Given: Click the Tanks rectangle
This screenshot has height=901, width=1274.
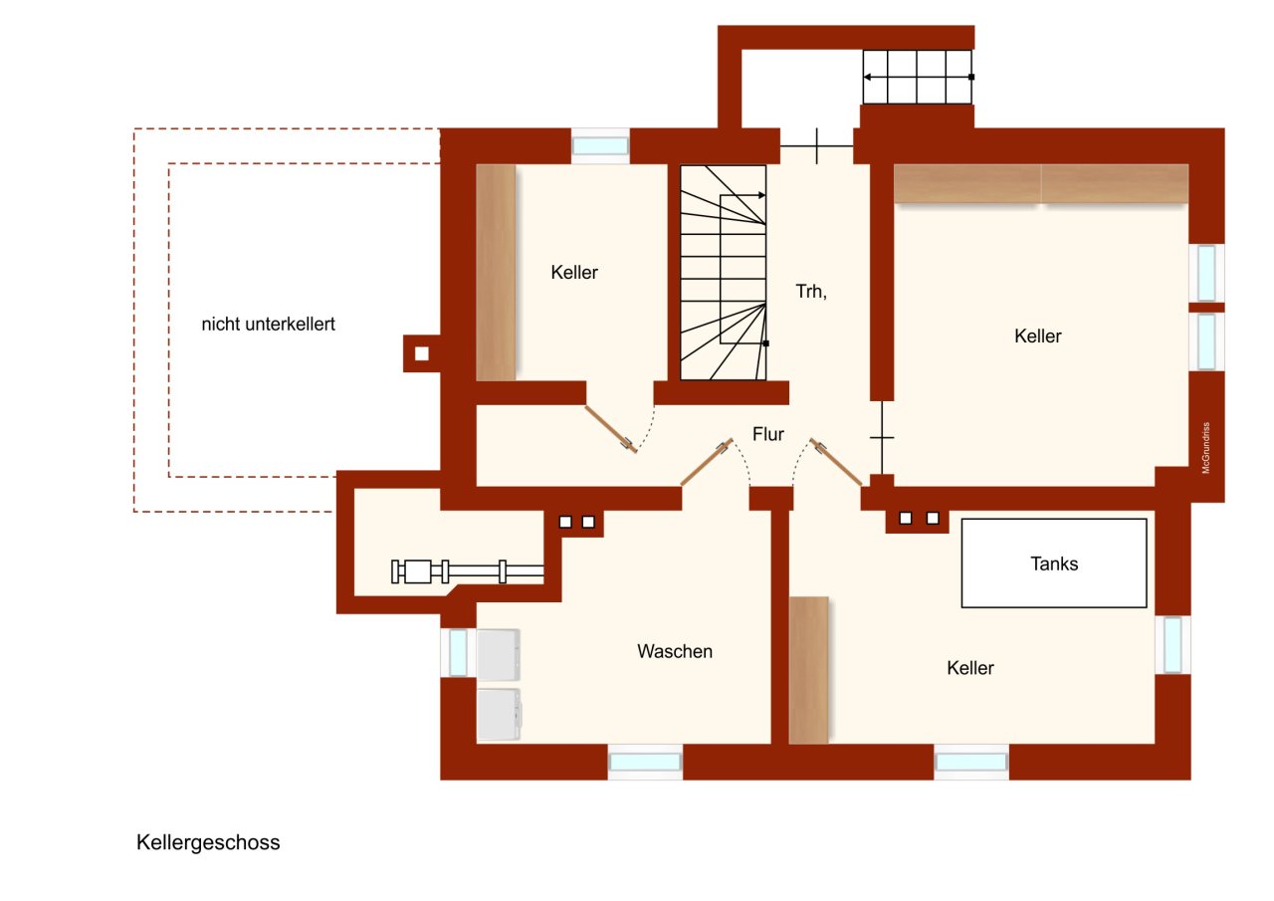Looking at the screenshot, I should click(x=1054, y=563).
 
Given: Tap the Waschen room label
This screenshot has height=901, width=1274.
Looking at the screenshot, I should click(x=675, y=651).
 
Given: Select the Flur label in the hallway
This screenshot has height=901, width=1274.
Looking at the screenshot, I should click(x=767, y=434).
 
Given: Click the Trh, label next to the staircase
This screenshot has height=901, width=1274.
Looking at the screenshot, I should click(x=811, y=292).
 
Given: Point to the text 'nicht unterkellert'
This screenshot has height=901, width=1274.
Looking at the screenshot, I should click(x=268, y=324).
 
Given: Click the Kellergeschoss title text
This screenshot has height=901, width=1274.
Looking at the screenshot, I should click(x=208, y=842).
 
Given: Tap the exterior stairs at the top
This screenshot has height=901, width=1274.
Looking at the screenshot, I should click(x=917, y=77).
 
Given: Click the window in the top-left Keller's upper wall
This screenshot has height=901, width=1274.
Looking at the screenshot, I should click(x=600, y=145).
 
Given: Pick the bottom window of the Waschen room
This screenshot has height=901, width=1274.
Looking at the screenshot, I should click(x=645, y=762).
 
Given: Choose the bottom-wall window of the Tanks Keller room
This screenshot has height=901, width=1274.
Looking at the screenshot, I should click(x=971, y=762).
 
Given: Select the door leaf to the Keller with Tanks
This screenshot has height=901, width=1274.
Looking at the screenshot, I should click(x=838, y=463).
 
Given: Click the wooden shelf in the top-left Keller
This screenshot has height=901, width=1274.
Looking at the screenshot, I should click(x=496, y=272).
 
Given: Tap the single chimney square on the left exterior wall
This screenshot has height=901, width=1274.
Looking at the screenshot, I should click(x=422, y=352).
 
